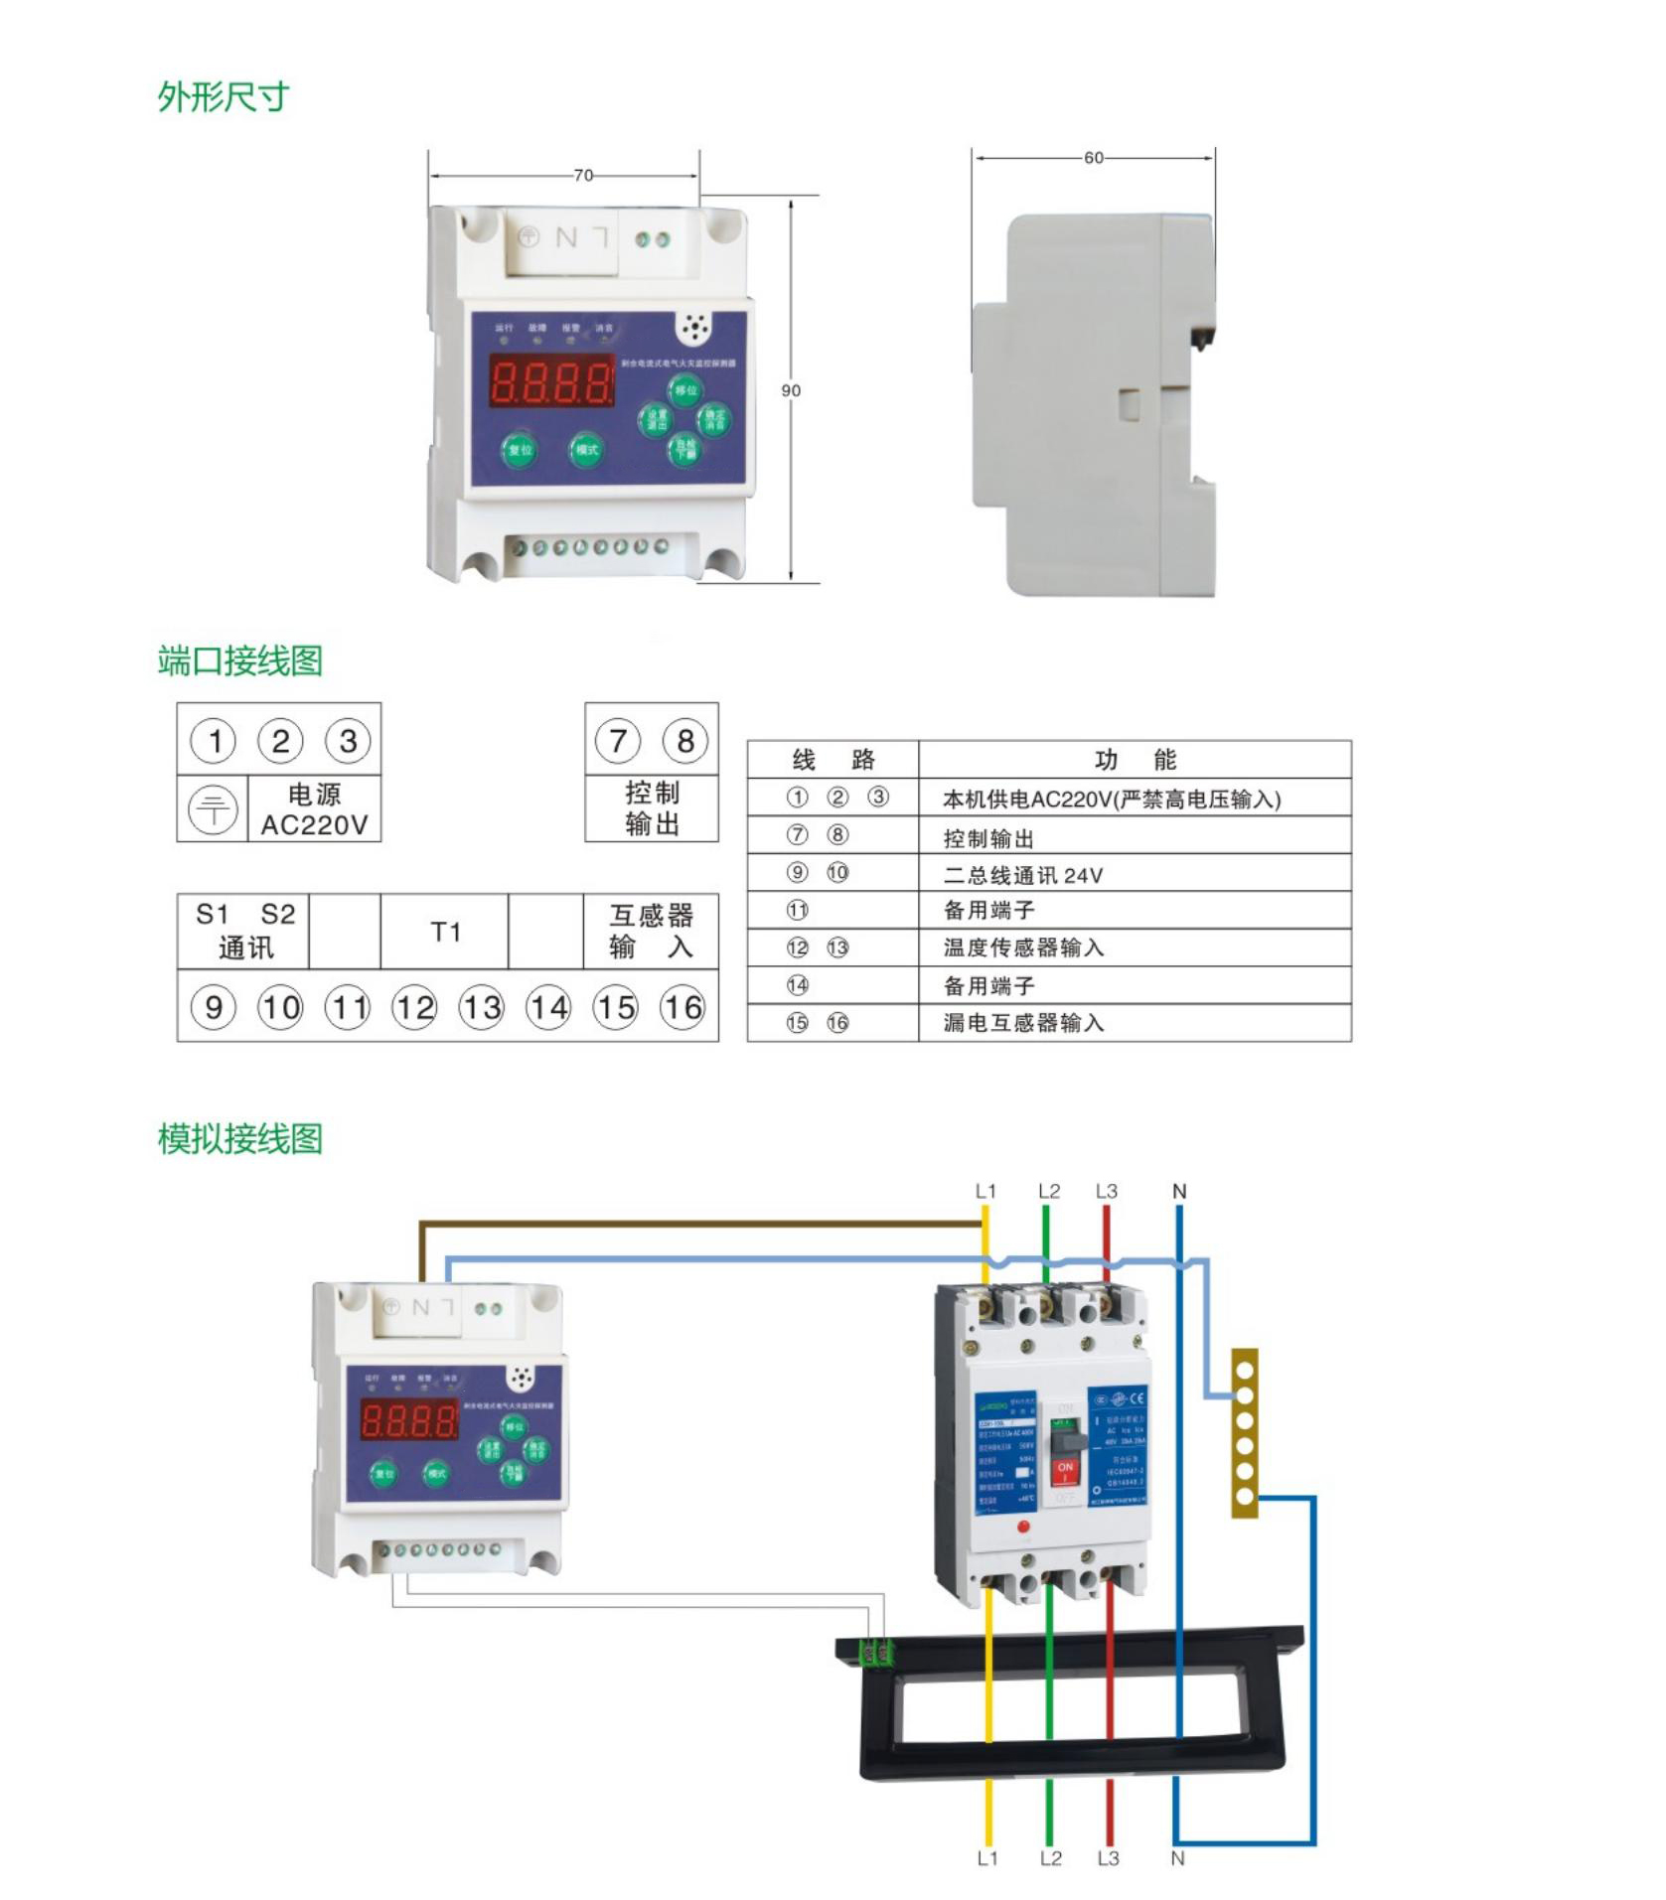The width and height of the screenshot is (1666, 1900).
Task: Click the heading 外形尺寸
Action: tap(223, 97)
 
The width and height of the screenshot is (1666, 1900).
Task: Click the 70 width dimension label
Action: tap(583, 176)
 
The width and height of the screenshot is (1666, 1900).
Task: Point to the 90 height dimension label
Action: tap(791, 391)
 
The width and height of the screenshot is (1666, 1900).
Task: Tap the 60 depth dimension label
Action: tap(1093, 158)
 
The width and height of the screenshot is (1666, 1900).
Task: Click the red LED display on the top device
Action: tap(551, 380)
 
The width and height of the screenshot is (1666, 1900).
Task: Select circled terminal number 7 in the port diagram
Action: tap(617, 741)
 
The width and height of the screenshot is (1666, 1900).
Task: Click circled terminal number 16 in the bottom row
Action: tap(682, 1008)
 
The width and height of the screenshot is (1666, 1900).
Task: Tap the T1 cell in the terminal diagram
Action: tap(445, 933)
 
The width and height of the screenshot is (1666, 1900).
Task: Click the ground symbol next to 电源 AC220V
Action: tap(213, 808)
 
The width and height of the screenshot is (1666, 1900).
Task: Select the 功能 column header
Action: tap(1135, 761)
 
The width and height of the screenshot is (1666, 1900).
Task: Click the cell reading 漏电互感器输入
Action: tap(1022, 1023)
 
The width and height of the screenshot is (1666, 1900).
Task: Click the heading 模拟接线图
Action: tap(239, 1139)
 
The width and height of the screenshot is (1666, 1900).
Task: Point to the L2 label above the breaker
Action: tap(1049, 1191)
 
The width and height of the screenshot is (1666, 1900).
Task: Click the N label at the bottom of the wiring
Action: tap(1177, 1858)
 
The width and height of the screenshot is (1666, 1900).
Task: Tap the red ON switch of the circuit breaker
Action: tap(1065, 1470)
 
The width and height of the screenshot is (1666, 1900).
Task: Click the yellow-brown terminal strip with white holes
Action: tap(1244, 1432)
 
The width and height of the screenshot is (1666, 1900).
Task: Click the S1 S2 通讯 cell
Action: tap(244, 932)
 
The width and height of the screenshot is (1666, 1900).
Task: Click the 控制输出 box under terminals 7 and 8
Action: tap(652, 808)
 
